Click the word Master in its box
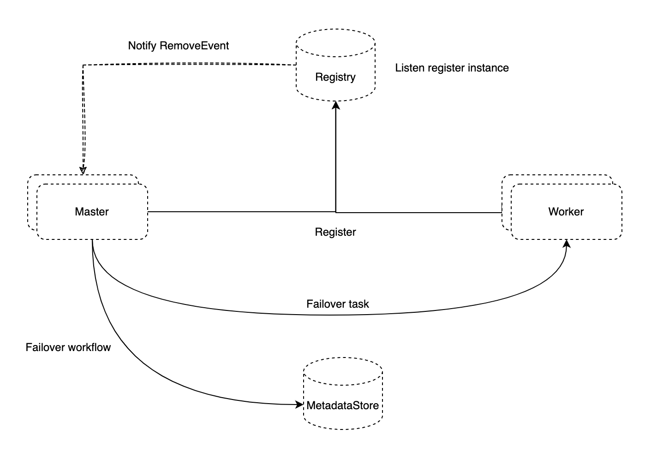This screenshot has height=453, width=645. [92, 212]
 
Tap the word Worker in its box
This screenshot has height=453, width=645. [566, 212]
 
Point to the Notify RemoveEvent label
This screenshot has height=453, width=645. [179, 46]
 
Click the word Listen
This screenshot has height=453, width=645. [409, 68]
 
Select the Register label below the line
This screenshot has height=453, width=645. [335, 232]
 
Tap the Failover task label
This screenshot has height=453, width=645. [338, 304]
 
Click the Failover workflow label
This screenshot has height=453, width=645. [68, 347]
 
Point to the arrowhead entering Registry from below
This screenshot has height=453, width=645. [336, 106]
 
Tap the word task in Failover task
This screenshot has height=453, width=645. [360, 304]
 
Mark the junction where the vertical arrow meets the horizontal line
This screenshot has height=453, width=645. [336, 212]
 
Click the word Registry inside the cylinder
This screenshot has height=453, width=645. [335, 77]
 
